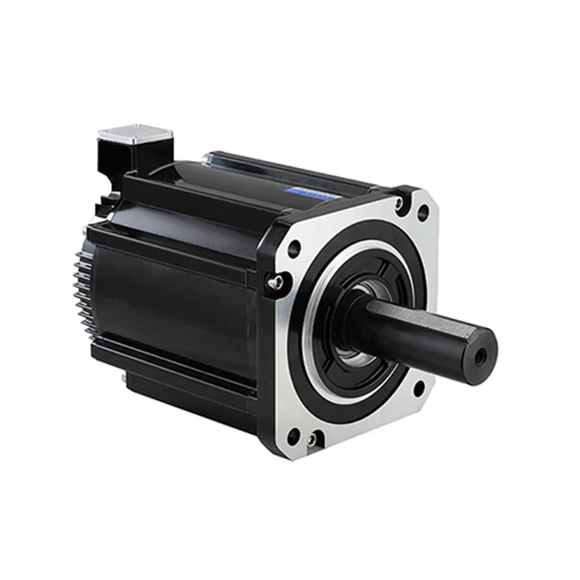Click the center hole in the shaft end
click(481, 357)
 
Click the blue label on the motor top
click(310, 194)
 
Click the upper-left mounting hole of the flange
click(294, 249)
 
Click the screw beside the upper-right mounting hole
click(399, 203)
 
